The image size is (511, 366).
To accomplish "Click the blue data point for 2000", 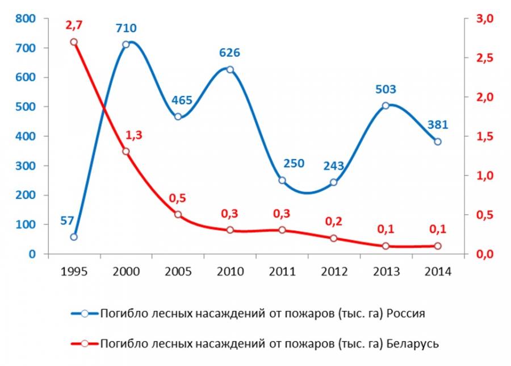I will pyautogui.click(x=126, y=44).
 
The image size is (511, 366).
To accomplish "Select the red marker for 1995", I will pyautogui.click(x=74, y=42).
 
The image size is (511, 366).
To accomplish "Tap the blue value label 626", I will pyautogui.click(x=229, y=53).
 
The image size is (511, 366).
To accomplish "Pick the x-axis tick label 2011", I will pyautogui.click(x=282, y=272).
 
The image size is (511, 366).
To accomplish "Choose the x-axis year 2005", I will pyautogui.click(x=178, y=272).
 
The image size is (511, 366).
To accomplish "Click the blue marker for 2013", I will pyautogui.click(x=386, y=106).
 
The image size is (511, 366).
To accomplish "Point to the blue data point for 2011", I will pyautogui.click(x=282, y=180).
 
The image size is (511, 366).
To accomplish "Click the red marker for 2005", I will pyautogui.click(x=178, y=214).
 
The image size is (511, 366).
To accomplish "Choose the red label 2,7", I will pyautogui.click(x=74, y=26).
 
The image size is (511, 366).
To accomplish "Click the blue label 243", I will pyautogui.click(x=334, y=166).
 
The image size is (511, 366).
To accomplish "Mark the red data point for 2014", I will pyautogui.click(x=437, y=246).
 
